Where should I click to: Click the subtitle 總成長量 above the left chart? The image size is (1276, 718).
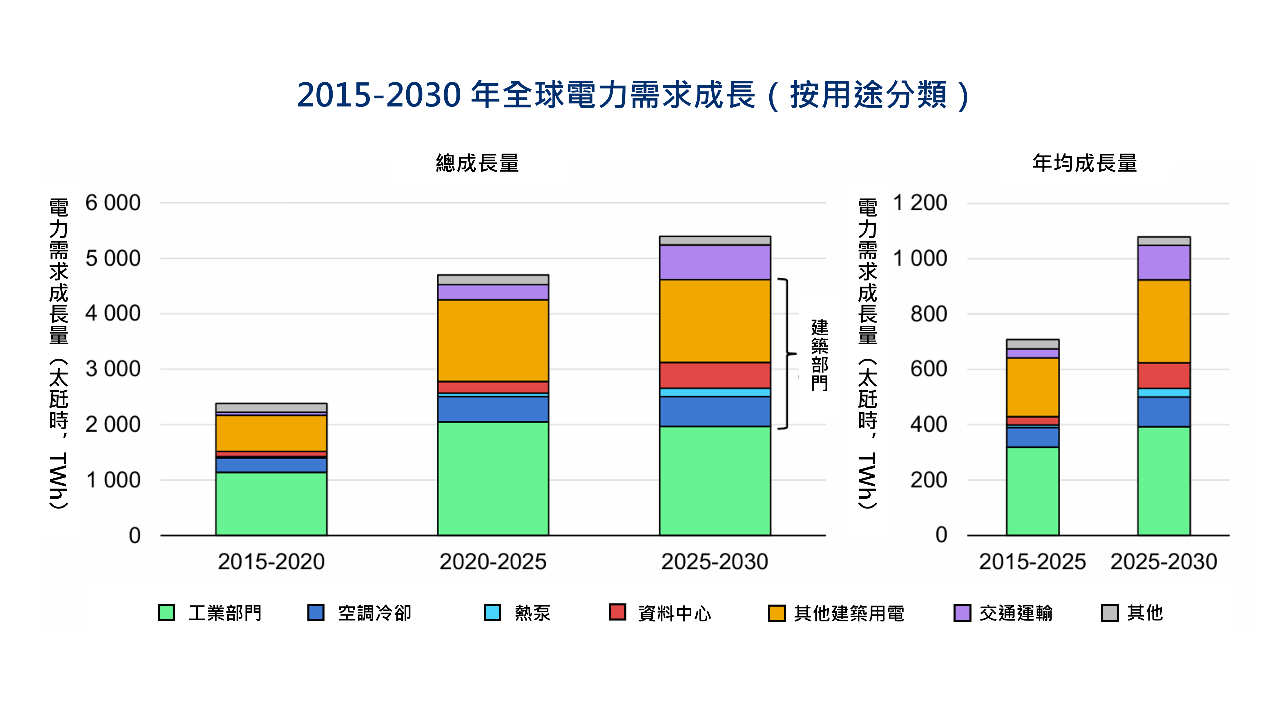(477, 163)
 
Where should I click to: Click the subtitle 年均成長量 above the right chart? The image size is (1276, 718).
(1084, 163)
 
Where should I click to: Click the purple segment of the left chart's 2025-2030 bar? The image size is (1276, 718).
(715, 262)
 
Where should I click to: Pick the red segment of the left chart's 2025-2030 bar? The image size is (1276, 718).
(715, 375)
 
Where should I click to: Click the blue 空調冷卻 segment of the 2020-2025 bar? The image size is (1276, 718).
(493, 409)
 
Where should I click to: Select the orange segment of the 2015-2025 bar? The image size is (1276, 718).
(1032, 387)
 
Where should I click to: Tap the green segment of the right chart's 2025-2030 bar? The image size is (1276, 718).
(1163, 481)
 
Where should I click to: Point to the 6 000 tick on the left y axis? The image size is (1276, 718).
(113, 203)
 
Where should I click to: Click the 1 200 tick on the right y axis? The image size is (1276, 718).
(920, 203)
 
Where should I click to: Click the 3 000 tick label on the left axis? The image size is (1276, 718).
(113, 369)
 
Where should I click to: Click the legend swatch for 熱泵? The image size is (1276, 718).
(492, 612)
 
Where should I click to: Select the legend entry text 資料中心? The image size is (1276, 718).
(674, 614)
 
